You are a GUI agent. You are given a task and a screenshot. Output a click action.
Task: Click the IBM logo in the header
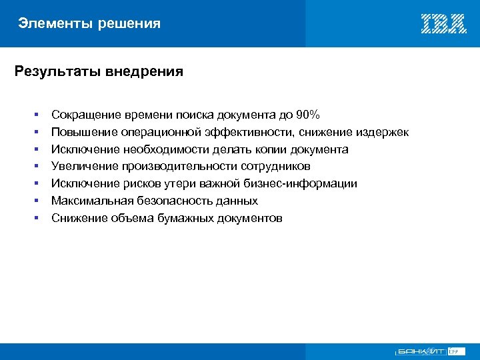pos(443,24)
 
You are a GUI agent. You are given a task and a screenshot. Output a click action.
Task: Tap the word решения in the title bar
pos(129,24)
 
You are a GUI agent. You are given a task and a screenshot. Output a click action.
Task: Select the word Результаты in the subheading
pos(57,71)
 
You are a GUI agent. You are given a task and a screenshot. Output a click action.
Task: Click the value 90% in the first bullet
pos(307,115)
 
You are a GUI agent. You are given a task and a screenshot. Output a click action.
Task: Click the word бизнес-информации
pos(301,183)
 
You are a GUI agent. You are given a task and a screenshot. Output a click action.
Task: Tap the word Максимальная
pos(91,201)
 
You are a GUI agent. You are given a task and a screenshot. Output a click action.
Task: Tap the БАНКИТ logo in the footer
pos(420,351)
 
